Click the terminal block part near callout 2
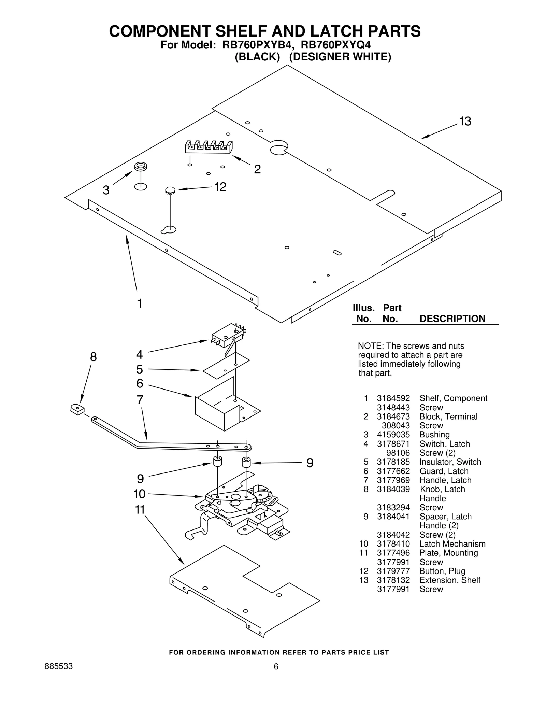click(x=209, y=147)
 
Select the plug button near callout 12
click(x=170, y=190)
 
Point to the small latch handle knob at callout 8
click(x=78, y=409)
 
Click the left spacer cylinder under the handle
click(x=217, y=461)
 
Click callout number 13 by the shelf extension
click(x=465, y=121)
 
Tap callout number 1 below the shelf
click(x=139, y=303)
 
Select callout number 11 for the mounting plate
click(x=140, y=510)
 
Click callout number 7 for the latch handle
click(x=140, y=399)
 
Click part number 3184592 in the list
click(x=393, y=398)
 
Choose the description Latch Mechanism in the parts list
click(x=452, y=544)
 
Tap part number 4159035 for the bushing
click(x=393, y=435)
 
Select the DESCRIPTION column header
click(x=452, y=319)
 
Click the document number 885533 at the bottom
click(x=59, y=667)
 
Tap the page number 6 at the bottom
click(x=276, y=667)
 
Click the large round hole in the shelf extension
click(x=278, y=147)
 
